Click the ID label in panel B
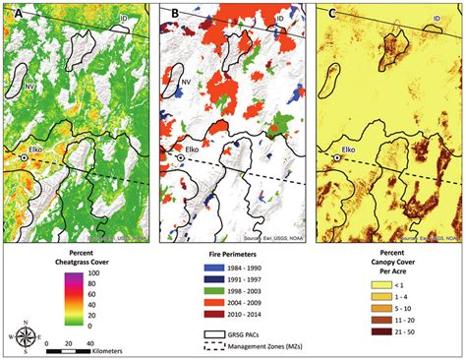tap(282, 19)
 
